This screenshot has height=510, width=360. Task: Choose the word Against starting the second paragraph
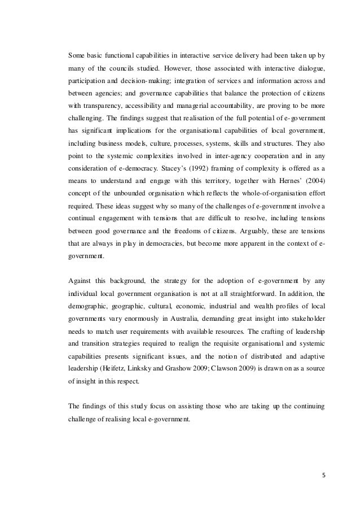[x=81, y=281]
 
